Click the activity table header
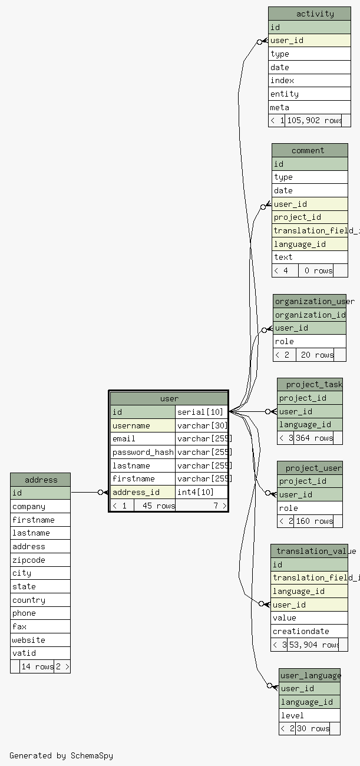pos(309,14)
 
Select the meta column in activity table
pos(309,107)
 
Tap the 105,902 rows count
pos(313,120)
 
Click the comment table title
pos(309,150)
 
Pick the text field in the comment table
pos(309,257)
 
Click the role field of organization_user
pos(309,341)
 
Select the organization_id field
pos(309,315)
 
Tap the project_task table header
pos(310,384)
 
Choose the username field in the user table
pos(143,425)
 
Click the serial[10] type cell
pos(201,412)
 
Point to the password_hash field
pos(143,452)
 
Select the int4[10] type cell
pos(201,492)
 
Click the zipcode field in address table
pos(40,560)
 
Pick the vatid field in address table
pos(40,653)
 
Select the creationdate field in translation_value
pos(309,631)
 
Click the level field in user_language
pos(309,715)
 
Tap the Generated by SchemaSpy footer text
pos(61,755)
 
